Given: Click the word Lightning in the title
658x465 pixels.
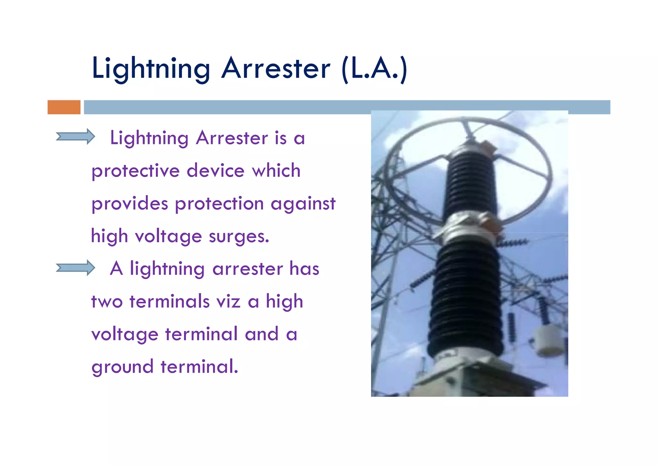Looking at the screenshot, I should pos(151,68).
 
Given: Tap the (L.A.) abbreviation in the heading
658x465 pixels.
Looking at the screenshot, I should pos(375,68).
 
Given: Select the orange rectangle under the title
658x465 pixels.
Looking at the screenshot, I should pos(64,107).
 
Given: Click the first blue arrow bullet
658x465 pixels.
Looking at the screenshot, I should pos(75,137).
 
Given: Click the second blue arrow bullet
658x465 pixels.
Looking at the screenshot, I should pos(75,268).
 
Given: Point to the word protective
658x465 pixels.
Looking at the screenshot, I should pos(135,171).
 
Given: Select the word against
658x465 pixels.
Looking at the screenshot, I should pos(303,203).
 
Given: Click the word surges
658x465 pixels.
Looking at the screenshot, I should pos(239,237).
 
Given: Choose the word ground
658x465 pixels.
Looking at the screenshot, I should pos(122,367).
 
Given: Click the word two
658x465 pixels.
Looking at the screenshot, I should pos(107,302).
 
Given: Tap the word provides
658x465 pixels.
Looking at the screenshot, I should pos(129,204).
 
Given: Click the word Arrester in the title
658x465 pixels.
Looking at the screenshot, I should pos(275,68).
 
